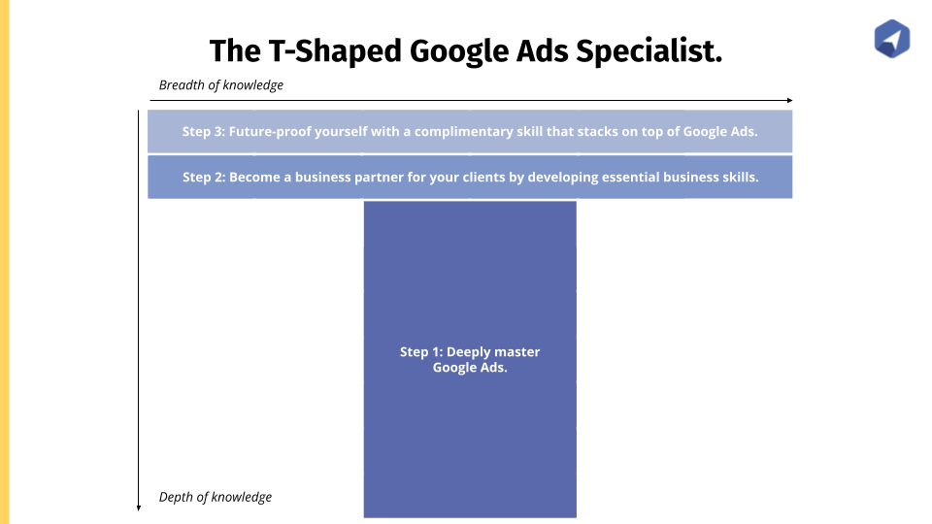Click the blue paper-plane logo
[891, 39]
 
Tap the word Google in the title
[458, 51]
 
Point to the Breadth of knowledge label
[221, 85]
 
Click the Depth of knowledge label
[216, 497]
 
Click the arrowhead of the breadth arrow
[790, 100]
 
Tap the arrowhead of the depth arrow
[139, 508]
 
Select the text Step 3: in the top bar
[203, 131]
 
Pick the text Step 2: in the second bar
[204, 177]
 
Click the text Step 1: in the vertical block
[421, 351]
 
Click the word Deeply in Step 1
[468, 352]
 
